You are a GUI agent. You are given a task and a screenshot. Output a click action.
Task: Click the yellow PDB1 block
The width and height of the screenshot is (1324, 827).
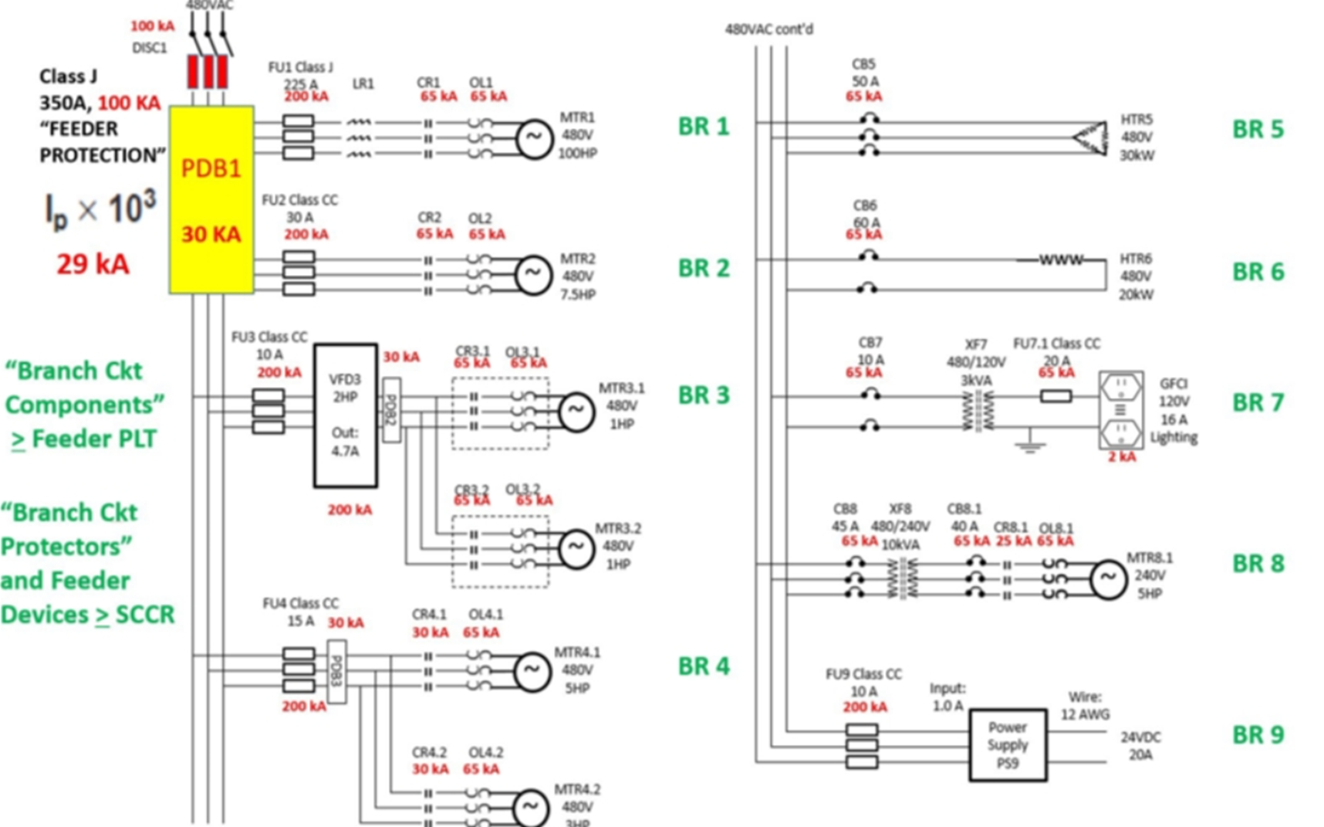(x=211, y=199)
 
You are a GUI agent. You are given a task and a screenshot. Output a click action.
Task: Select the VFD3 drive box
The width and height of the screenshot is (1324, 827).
(x=345, y=415)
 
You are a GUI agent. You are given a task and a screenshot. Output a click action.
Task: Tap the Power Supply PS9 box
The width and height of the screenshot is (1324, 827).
(x=1008, y=745)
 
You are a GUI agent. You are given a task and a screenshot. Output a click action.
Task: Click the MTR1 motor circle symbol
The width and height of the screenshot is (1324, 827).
(x=533, y=139)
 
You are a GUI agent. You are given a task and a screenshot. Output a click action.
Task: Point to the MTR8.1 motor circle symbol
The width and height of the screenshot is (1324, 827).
(x=1108, y=578)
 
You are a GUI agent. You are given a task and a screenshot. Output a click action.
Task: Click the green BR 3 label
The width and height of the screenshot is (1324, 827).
(x=703, y=395)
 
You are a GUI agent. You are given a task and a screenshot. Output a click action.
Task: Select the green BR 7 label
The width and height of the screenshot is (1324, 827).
(x=1258, y=402)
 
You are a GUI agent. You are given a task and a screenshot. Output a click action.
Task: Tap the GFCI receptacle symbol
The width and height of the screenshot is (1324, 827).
(x=1120, y=410)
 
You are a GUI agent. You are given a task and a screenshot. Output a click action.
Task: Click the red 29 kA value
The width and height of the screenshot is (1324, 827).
(x=92, y=264)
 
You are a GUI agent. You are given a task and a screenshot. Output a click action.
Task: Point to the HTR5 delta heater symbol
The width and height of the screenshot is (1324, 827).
(x=1090, y=138)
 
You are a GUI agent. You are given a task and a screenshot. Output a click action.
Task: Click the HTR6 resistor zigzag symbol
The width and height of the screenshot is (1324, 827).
(x=1061, y=260)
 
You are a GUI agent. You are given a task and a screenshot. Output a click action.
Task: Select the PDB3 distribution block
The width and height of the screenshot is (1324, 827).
(x=336, y=671)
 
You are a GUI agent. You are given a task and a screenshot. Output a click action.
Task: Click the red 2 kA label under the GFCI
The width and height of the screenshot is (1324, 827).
(x=1122, y=457)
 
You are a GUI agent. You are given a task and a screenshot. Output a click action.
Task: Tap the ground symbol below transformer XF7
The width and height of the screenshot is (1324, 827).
(x=1029, y=443)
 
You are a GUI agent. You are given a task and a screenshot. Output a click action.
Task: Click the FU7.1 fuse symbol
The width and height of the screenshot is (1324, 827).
(x=1055, y=396)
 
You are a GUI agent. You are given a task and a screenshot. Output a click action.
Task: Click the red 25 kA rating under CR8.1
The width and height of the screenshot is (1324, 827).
(x=1013, y=541)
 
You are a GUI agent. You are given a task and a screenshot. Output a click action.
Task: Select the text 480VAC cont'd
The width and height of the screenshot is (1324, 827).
(x=768, y=29)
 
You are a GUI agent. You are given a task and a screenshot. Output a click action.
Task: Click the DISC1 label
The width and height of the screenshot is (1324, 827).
(x=149, y=48)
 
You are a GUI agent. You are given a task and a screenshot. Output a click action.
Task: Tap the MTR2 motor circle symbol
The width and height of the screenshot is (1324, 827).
(x=533, y=274)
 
